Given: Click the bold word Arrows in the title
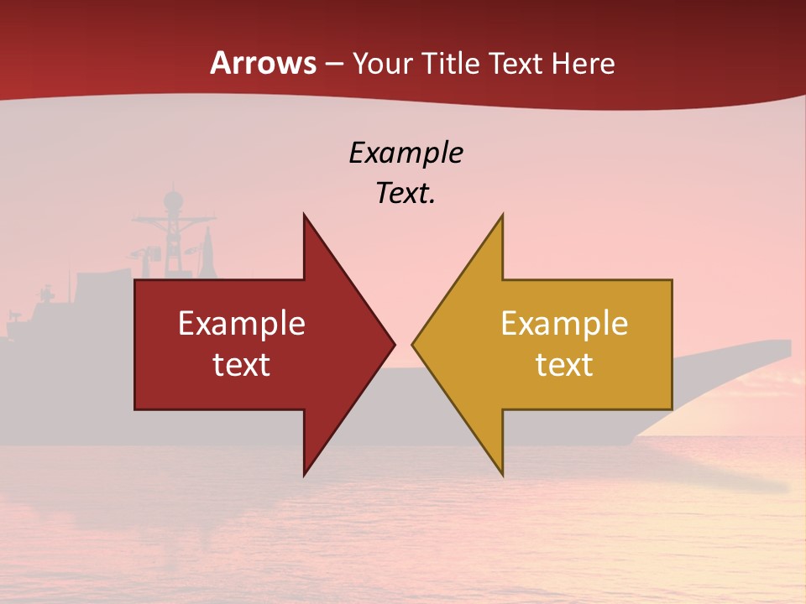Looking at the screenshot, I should (263, 63).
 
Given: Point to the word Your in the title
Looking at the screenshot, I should (380, 64).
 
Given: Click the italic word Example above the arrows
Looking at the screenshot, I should (406, 153).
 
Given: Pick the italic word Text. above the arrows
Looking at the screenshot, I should (406, 194).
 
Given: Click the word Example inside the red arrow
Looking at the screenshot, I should (242, 323).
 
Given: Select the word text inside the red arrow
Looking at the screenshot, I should (242, 364).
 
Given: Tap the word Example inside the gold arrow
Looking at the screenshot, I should (564, 323).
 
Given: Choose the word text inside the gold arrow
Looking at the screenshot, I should (564, 364).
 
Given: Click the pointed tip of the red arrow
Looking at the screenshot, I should (395, 344).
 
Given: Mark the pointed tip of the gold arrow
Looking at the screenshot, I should (412, 344).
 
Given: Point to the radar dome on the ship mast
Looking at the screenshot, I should (173, 200).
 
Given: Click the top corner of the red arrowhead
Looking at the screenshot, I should (304, 214).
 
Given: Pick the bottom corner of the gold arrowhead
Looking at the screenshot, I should (503, 476).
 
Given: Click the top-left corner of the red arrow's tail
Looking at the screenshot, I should (135, 280).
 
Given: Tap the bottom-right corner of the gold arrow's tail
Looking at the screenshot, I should (672, 409).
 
